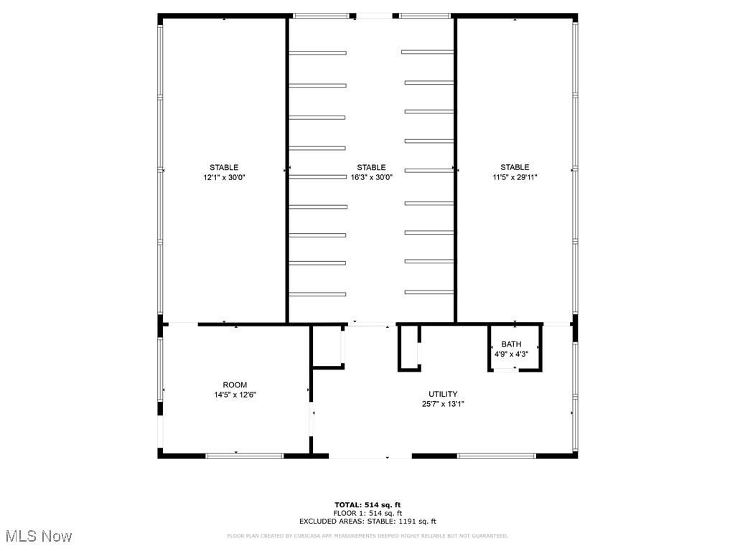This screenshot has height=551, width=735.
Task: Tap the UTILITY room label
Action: (x=443, y=394)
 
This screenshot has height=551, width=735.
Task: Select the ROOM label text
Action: (x=235, y=385)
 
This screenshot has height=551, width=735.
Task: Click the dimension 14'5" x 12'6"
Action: (x=235, y=395)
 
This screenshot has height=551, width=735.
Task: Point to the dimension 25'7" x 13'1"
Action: (x=443, y=403)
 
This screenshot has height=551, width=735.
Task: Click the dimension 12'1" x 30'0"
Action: (x=224, y=177)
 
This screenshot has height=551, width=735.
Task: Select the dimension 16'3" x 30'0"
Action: (x=371, y=177)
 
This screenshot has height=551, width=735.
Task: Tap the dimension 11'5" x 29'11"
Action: (x=515, y=177)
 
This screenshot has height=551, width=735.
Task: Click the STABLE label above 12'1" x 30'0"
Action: (x=224, y=168)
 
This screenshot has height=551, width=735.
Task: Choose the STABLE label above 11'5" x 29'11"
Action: (x=515, y=168)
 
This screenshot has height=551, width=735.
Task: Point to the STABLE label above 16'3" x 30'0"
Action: (x=371, y=168)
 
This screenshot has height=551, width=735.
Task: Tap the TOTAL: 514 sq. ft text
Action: (x=367, y=504)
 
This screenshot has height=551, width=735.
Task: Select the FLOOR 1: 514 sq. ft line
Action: (x=367, y=513)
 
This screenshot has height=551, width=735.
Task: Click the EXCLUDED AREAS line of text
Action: (x=367, y=522)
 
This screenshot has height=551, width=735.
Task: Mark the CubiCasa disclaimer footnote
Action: (x=367, y=536)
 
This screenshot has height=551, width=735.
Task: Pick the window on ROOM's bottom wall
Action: (x=244, y=456)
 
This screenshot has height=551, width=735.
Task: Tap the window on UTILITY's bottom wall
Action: (x=497, y=456)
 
